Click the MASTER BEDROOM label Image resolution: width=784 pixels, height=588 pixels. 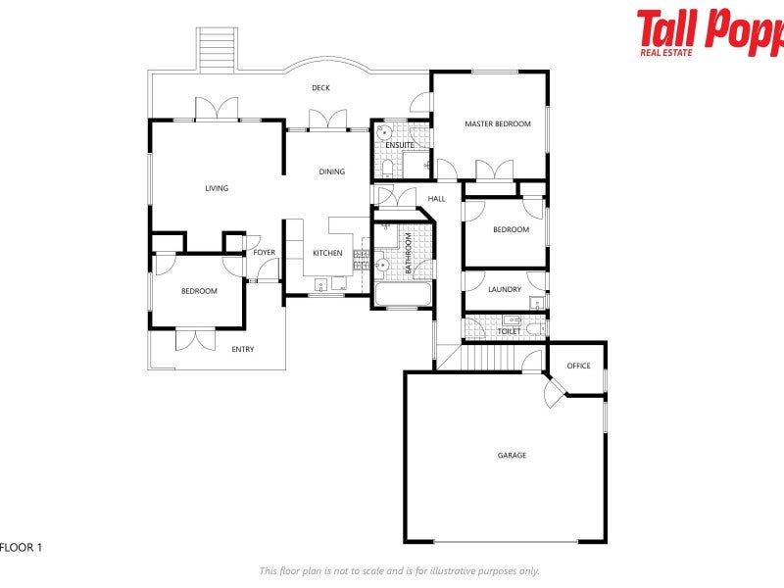(x=498, y=124)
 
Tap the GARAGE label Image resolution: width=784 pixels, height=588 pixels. (x=512, y=456)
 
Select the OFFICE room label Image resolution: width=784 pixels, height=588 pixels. (x=578, y=367)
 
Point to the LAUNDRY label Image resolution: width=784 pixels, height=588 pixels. (x=505, y=290)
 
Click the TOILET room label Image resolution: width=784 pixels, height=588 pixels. (x=509, y=331)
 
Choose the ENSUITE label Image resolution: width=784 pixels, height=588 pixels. (x=399, y=146)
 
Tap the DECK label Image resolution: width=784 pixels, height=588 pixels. (x=320, y=88)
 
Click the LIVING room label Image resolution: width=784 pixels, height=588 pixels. (x=217, y=188)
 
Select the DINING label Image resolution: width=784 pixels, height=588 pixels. (x=332, y=172)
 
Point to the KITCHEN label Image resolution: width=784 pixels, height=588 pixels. (x=327, y=254)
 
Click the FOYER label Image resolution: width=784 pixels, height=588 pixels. (x=265, y=253)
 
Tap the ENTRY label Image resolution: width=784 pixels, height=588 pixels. (x=242, y=350)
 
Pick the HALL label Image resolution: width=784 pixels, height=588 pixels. (x=436, y=199)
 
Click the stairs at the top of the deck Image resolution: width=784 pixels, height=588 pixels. (x=218, y=48)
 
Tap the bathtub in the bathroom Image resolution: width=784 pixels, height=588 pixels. (x=402, y=294)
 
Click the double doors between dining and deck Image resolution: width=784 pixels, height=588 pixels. (x=326, y=120)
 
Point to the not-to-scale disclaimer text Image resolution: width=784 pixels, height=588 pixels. (x=399, y=570)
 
